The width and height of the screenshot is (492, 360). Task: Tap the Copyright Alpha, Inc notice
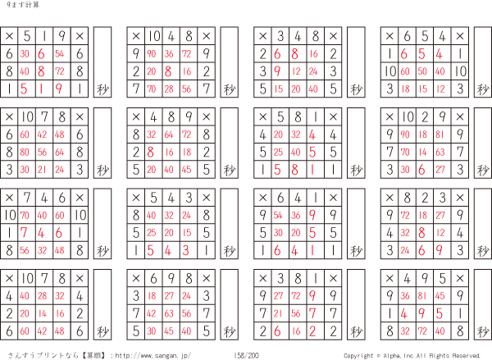point(411,355)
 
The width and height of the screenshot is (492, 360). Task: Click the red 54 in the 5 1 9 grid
point(60,53)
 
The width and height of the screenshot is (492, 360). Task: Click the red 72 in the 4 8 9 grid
point(188,134)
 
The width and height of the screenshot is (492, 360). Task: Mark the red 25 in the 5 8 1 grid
point(279,152)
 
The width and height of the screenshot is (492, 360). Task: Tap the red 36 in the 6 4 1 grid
point(297,214)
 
